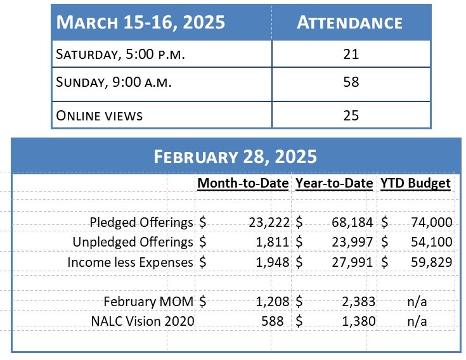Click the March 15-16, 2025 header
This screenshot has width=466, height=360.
coord(140,22)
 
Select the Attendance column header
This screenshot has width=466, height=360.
coord(349,22)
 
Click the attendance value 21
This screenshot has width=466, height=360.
coord(350,54)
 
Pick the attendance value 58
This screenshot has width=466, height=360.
coord(350,82)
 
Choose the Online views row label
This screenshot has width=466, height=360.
coord(100,115)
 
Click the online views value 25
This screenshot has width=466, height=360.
coord(350,115)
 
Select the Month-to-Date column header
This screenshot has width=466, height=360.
coord(243,184)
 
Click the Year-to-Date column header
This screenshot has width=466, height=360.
coord(334,184)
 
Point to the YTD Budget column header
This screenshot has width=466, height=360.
coord(416,184)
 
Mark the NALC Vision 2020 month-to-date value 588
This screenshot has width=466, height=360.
coord(277,321)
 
